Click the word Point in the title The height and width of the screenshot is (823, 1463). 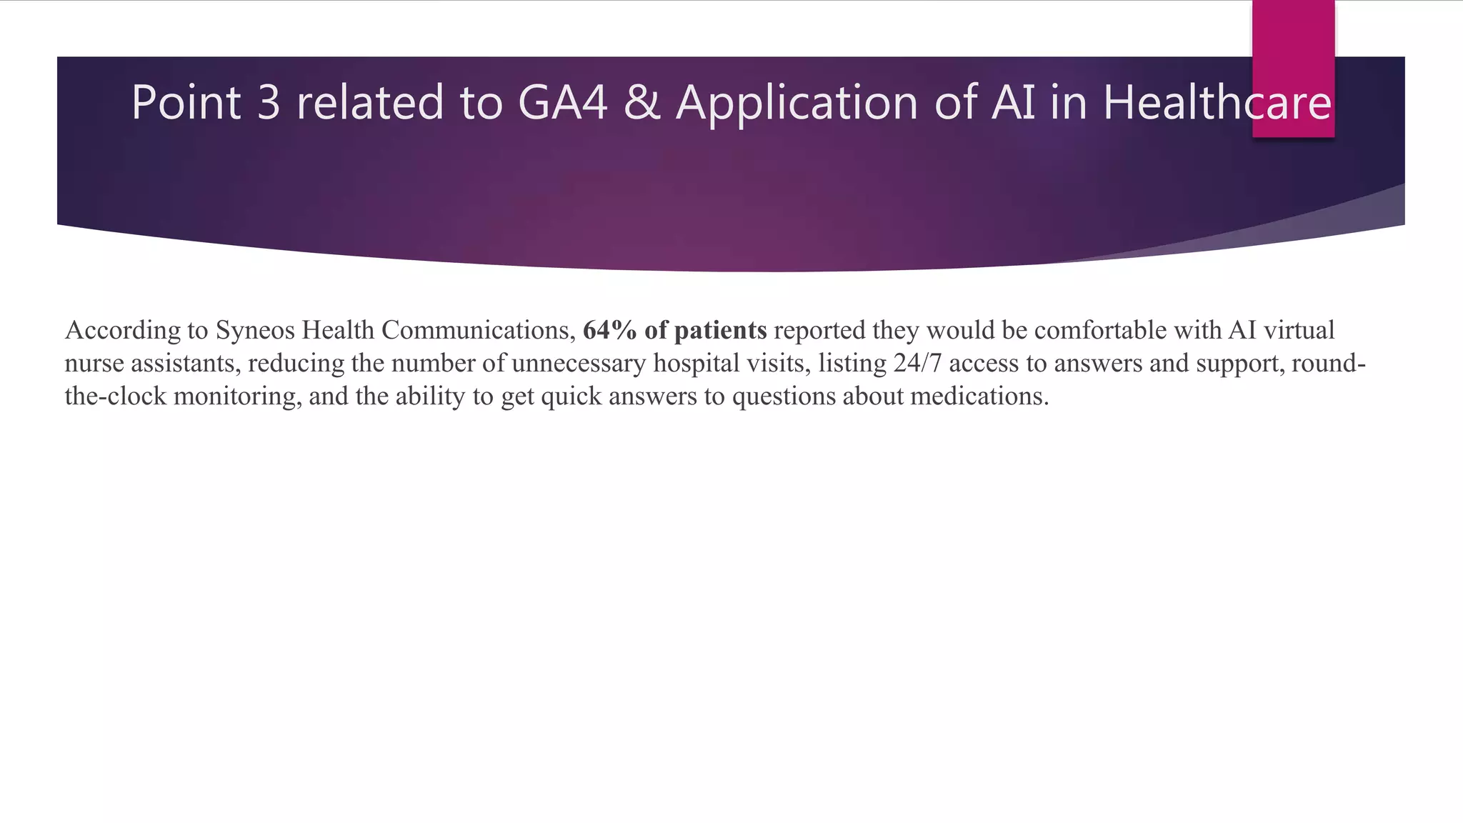(186, 102)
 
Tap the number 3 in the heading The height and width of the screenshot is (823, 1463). (269, 102)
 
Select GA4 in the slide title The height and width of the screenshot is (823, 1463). (562, 102)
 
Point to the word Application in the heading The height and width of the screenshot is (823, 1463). (797, 102)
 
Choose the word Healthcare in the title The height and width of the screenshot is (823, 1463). (1217, 102)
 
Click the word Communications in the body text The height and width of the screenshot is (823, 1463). (478, 330)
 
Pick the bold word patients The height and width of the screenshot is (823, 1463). (720, 331)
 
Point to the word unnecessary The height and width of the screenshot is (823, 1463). (578, 364)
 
